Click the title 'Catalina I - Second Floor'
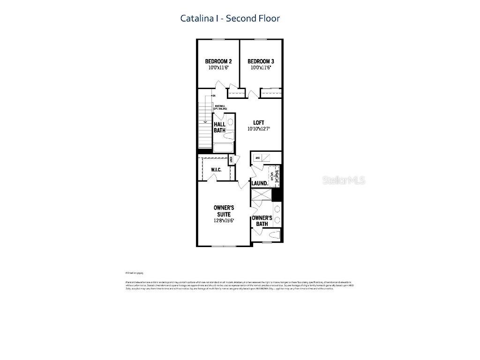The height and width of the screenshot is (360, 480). click(x=230, y=18)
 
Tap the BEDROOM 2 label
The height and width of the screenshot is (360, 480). click(x=218, y=61)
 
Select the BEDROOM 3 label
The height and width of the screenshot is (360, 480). click(x=261, y=61)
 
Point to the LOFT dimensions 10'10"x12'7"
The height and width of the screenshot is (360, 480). click(x=259, y=129)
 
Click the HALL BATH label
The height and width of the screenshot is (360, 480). click(x=219, y=127)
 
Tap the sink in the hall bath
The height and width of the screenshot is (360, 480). click(x=230, y=122)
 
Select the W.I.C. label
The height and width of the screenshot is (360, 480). click(x=216, y=169)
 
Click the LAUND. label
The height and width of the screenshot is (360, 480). click(x=260, y=183)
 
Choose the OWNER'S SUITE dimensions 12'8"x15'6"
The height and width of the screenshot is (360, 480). click(x=224, y=220)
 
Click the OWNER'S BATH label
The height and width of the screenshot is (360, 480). click(x=262, y=221)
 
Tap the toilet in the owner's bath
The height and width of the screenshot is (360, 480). click(x=275, y=234)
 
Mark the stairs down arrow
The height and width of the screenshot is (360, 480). click(x=205, y=120)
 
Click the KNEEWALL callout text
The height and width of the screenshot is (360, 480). click(x=220, y=107)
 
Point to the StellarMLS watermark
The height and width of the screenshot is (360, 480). click(x=344, y=180)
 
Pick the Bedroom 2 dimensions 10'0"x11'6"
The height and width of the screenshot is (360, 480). click(x=218, y=68)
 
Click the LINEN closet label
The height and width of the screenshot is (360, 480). click(x=231, y=160)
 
